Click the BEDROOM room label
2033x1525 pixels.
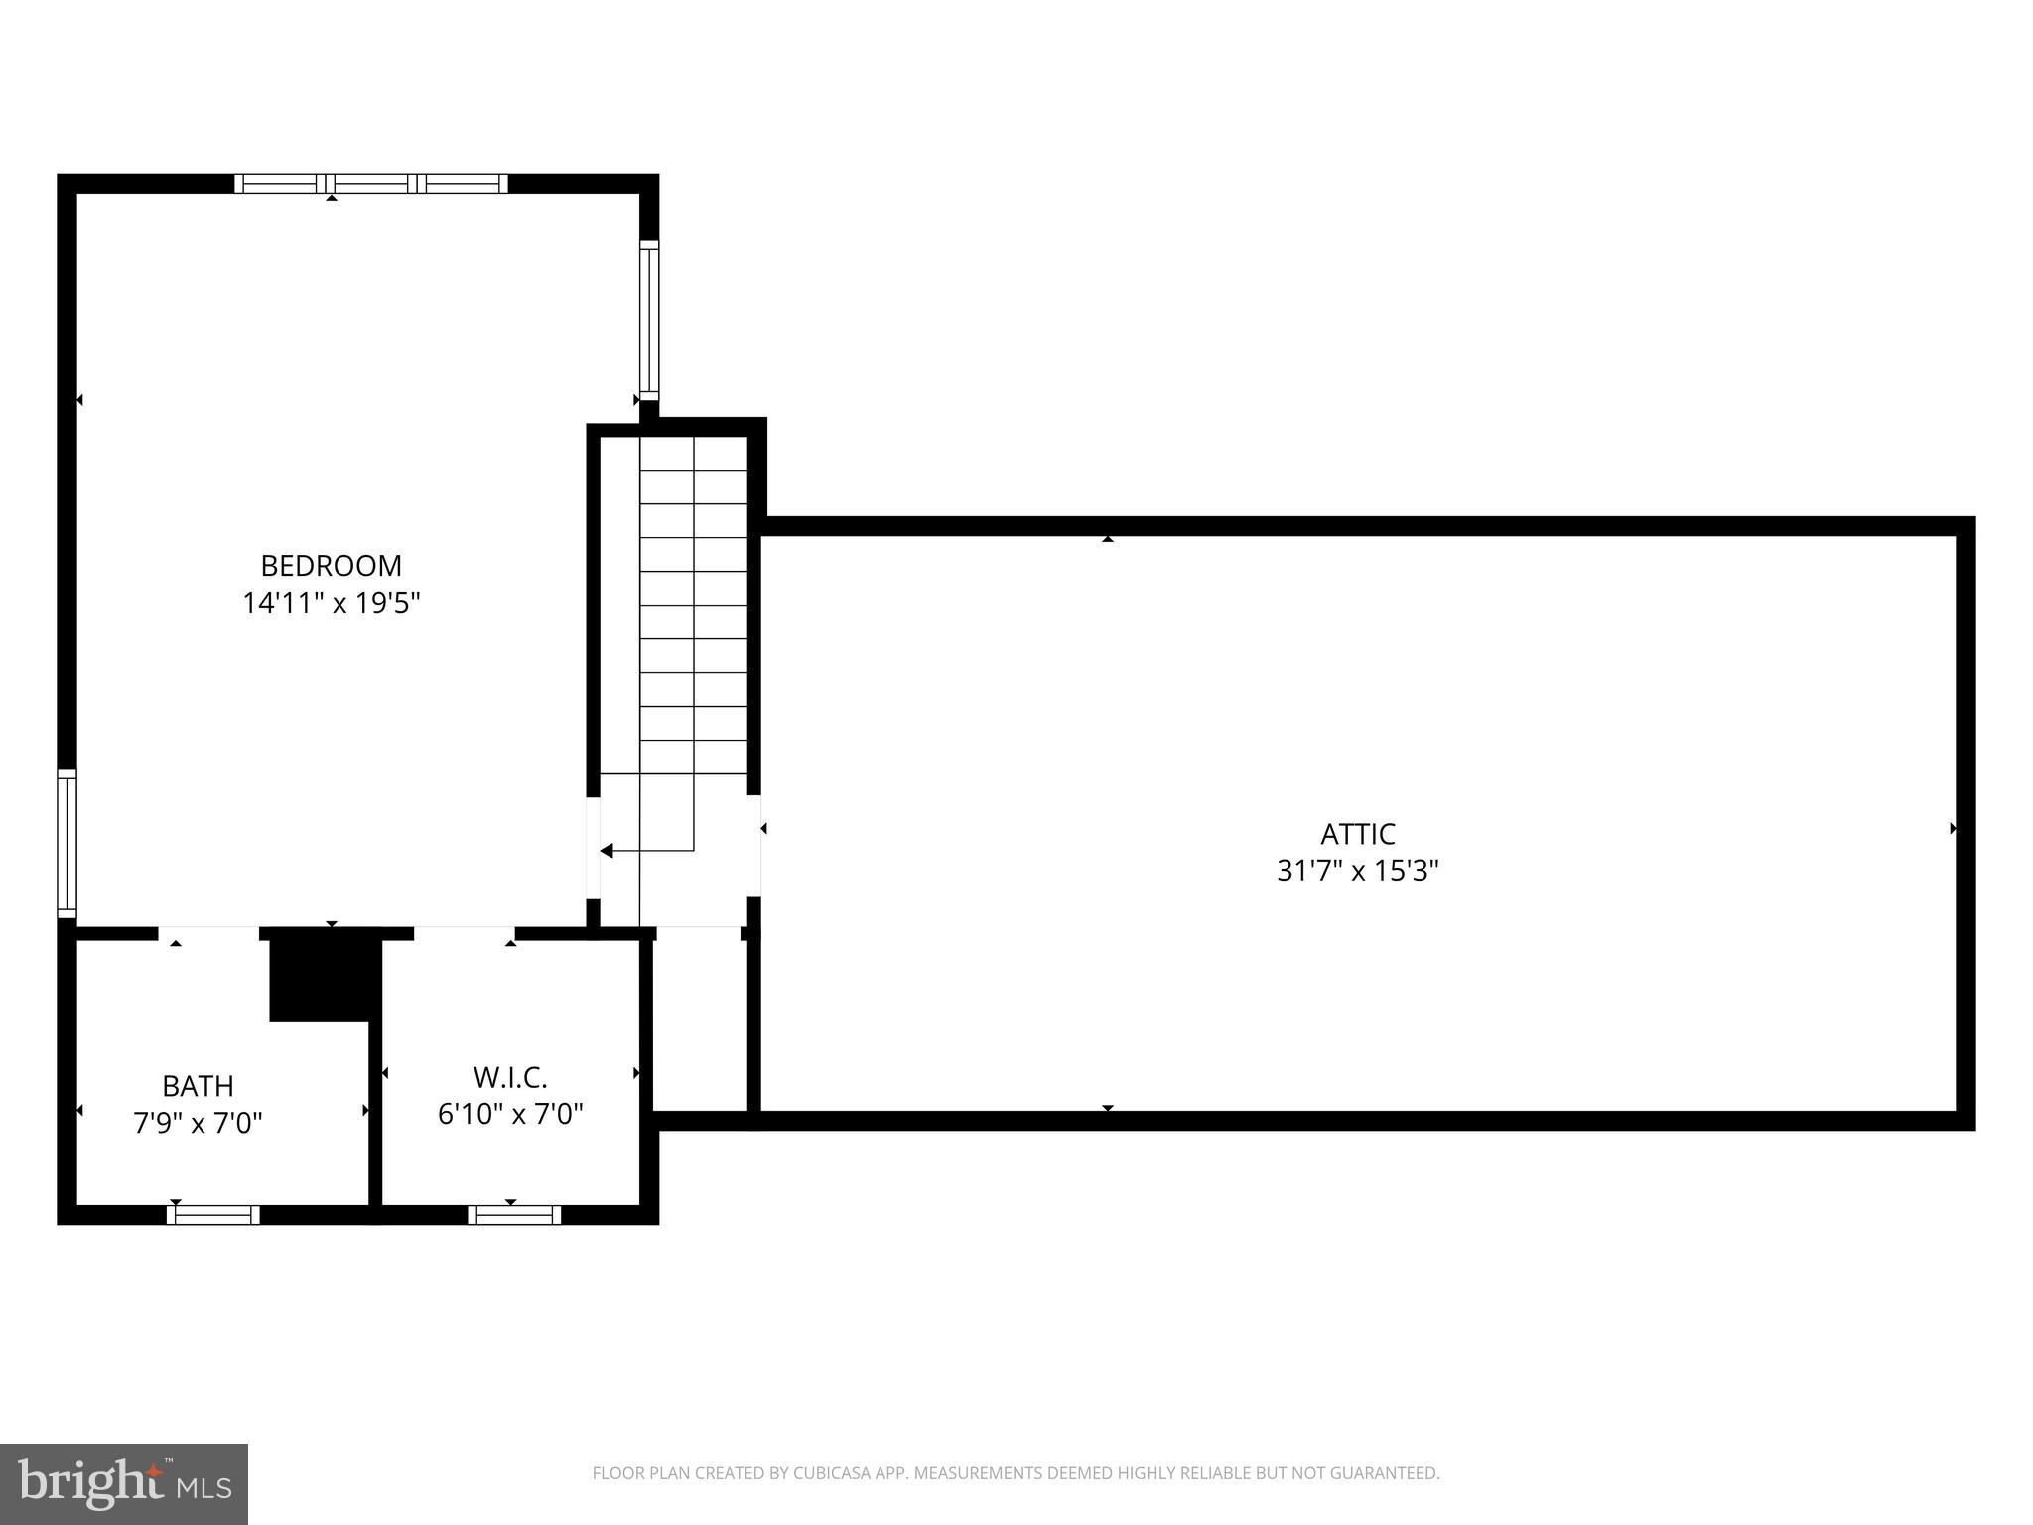331,566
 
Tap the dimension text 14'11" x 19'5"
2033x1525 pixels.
332,603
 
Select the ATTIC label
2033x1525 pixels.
1357,834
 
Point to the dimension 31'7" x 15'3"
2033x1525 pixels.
1357,871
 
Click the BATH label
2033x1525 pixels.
198,1086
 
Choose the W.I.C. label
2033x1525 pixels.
510,1077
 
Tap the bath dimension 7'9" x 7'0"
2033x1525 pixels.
198,1123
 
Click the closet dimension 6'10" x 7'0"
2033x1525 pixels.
510,1114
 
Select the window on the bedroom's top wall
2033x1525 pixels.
371,184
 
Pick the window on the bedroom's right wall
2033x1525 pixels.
649,321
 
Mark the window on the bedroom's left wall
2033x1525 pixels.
67,844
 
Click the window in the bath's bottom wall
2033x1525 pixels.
213,1215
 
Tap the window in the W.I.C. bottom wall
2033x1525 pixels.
514,1215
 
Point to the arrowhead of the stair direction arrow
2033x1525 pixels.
607,851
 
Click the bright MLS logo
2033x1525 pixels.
124,1484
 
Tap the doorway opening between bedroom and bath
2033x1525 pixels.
208,933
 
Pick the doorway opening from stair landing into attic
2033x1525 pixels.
754,846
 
